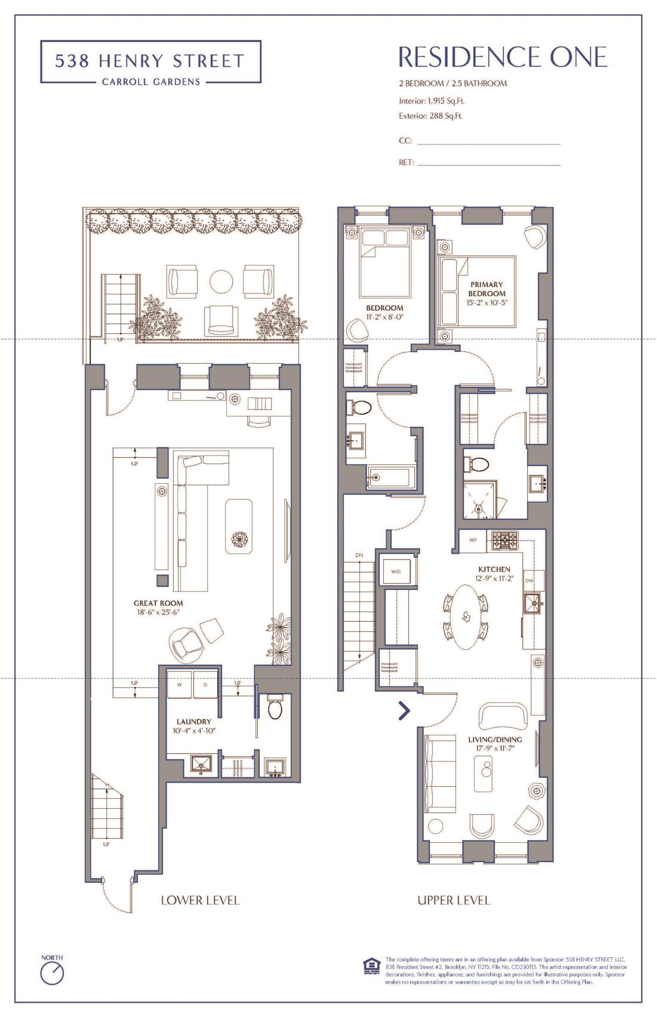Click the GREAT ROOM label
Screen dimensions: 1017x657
[x=158, y=603]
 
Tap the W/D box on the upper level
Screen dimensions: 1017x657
[x=396, y=572]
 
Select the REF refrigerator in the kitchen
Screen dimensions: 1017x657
[x=473, y=540]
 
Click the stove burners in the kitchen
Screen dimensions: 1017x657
[x=505, y=541]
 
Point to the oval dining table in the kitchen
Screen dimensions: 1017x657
[x=466, y=617]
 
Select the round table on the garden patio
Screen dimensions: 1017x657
[x=221, y=282]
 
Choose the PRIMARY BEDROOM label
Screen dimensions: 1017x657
[x=487, y=289]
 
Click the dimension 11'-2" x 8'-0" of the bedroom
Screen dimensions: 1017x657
[x=385, y=317]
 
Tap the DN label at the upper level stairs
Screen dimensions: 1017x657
[x=359, y=555]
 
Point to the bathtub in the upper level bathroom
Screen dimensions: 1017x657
[x=391, y=477]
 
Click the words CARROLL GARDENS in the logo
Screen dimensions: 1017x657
[x=151, y=82]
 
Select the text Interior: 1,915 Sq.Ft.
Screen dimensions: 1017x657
[x=432, y=100]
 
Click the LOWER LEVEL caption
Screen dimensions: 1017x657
[x=200, y=900]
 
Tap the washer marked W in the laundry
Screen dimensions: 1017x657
[x=179, y=685]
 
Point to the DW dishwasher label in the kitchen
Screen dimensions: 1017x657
[x=529, y=580]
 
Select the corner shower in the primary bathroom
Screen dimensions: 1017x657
[x=480, y=500]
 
